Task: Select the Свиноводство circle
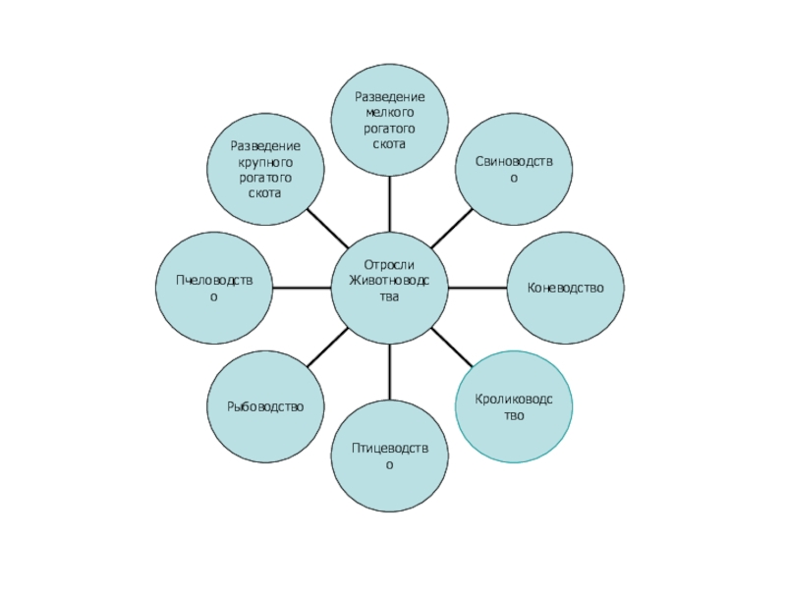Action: tap(513, 169)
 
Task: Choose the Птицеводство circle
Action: tap(389, 456)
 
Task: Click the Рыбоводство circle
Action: tap(265, 406)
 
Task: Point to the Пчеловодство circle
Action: tap(213, 288)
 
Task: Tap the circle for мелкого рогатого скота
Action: tap(389, 119)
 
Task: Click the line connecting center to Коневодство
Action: tap(477, 288)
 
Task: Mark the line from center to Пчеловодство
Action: tap(301, 288)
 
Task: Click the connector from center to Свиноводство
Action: tap(450, 229)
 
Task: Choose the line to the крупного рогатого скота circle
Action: tap(327, 228)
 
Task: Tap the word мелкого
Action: tap(390, 113)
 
